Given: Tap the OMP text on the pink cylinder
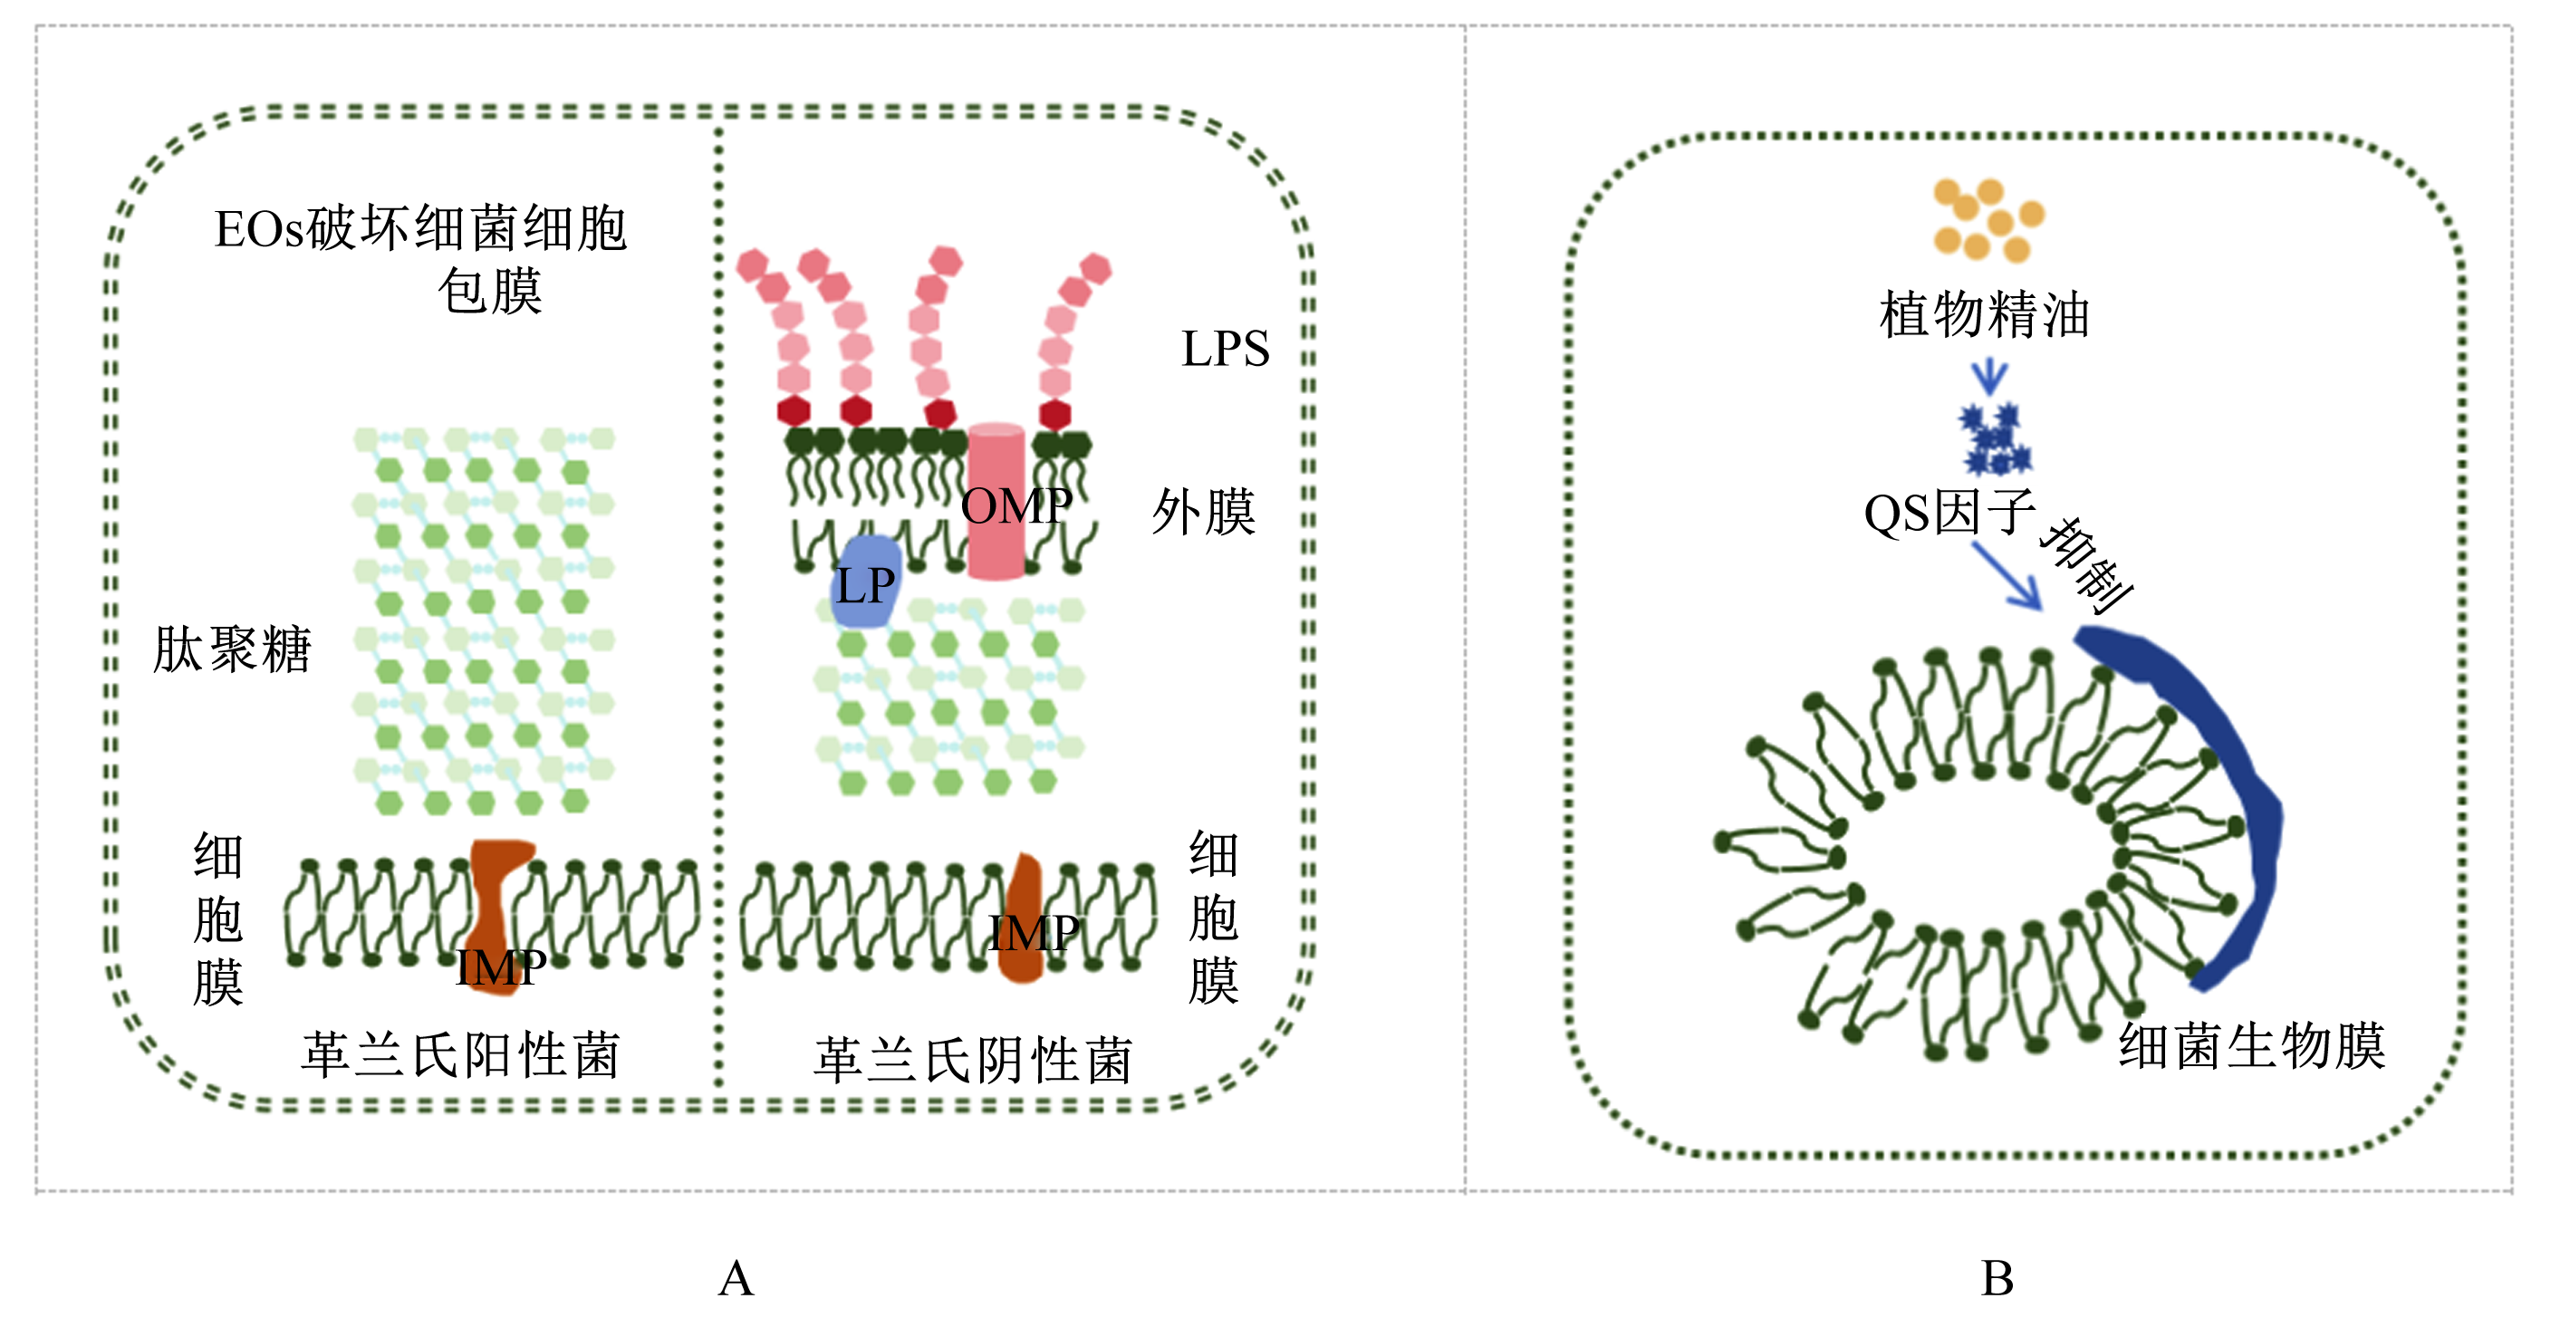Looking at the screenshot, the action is coord(1016,505).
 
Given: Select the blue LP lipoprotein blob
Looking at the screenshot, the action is coord(866,582).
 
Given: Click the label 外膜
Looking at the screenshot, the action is coord(1203,513).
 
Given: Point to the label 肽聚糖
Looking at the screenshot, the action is coord(233,649).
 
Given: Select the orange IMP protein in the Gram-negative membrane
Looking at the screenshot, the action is coord(1022,918).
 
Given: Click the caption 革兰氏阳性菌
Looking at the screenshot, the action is coord(461,1054).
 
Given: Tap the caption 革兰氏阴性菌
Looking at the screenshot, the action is coord(973,1060).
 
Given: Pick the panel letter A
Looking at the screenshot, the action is coord(736,1278).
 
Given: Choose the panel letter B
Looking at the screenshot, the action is coord(1997,1278).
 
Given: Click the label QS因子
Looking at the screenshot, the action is coord(1949,514).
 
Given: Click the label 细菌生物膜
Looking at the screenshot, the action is coord(2253,1046).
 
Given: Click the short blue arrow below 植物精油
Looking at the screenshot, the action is coord(1988,377).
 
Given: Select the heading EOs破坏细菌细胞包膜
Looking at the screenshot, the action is coord(421,259).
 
